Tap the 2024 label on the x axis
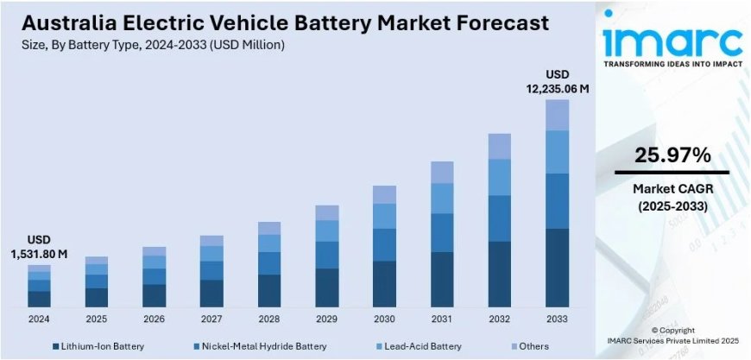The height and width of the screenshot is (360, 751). [39, 319]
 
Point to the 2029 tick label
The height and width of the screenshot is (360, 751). [326, 319]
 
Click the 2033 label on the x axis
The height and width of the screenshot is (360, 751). [557, 319]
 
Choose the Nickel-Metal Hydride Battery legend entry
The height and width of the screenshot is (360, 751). [258, 346]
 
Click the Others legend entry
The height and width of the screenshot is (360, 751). [527, 346]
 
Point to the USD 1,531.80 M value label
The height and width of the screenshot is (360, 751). [39, 247]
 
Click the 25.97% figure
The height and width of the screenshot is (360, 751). [672, 155]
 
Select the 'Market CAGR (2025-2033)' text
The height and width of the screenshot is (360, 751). [672, 198]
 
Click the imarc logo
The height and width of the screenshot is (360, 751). [672, 38]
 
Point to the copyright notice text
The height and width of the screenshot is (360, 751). [672, 336]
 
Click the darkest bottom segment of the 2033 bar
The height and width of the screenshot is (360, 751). [557, 268]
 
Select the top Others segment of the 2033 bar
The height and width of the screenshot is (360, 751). [557, 115]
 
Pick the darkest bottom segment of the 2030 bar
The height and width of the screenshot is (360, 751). [384, 284]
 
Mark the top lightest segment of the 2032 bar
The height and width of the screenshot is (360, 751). [500, 146]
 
